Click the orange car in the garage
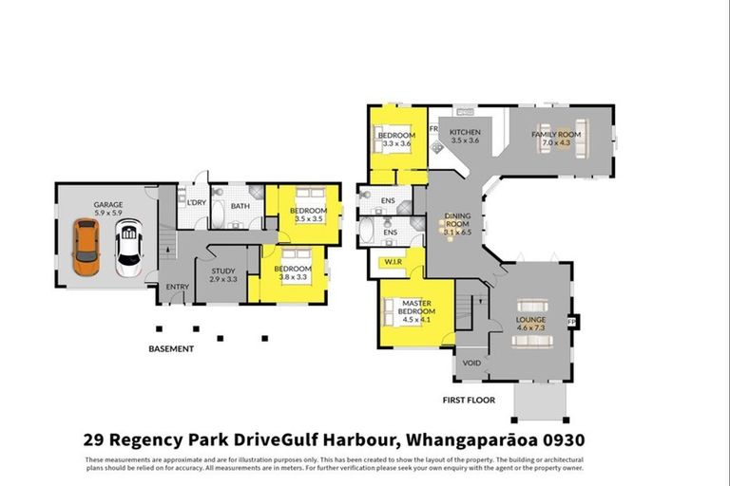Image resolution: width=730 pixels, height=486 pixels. coord(86,247)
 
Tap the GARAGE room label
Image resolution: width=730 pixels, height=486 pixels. coord(108,204)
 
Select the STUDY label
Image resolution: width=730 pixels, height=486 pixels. coord(224,271)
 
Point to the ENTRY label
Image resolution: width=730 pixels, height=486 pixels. coord(178,287)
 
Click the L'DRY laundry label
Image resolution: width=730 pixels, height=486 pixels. coord(197,203)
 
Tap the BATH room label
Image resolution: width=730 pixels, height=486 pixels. coord(240,205)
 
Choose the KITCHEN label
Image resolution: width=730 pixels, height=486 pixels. coord(466,132)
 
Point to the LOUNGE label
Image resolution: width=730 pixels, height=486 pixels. coord(531,320)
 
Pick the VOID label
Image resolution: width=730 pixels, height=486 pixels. coord(471,363)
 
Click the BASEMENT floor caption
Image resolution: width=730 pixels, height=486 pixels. coord(171,349)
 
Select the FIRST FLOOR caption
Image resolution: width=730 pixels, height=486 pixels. coord(470,401)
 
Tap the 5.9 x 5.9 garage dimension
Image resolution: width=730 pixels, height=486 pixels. coord(108,213)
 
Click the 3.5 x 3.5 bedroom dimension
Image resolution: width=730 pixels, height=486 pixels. coord(309,219)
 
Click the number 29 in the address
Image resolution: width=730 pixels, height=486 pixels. coord(93,439)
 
